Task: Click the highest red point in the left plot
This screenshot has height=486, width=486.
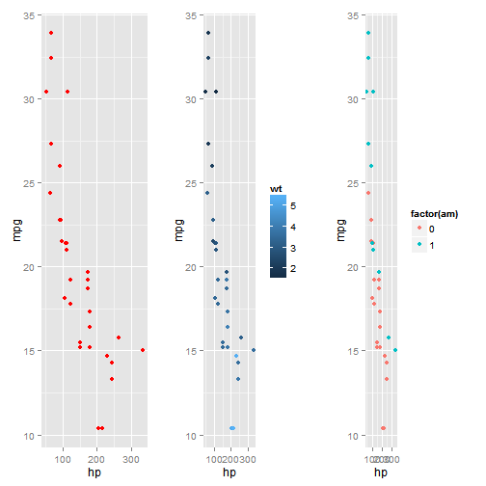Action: pyautogui.click(x=51, y=34)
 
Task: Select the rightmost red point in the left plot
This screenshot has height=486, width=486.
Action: pyautogui.click(x=143, y=350)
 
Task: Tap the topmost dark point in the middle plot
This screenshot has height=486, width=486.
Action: pyautogui.click(x=207, y=34)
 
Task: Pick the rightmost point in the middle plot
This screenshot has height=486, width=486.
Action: pyautogui.click(x=254, y=350)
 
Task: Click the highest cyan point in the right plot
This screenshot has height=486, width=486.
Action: pyautogui.click(x=367, y=34)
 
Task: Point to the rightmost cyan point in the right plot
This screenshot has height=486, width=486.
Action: pyautogui.click(x=395, y=350)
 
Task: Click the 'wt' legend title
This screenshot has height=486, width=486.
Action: pyautogui.click(x=276, y=188)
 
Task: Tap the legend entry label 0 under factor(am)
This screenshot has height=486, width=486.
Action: pyautogui.click(x=431, y=229)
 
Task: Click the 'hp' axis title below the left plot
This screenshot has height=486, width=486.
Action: pyautogui.click(x=94, y=472)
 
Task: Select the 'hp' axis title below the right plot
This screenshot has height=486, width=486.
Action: pyautogui.click(x=381, y=472)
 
